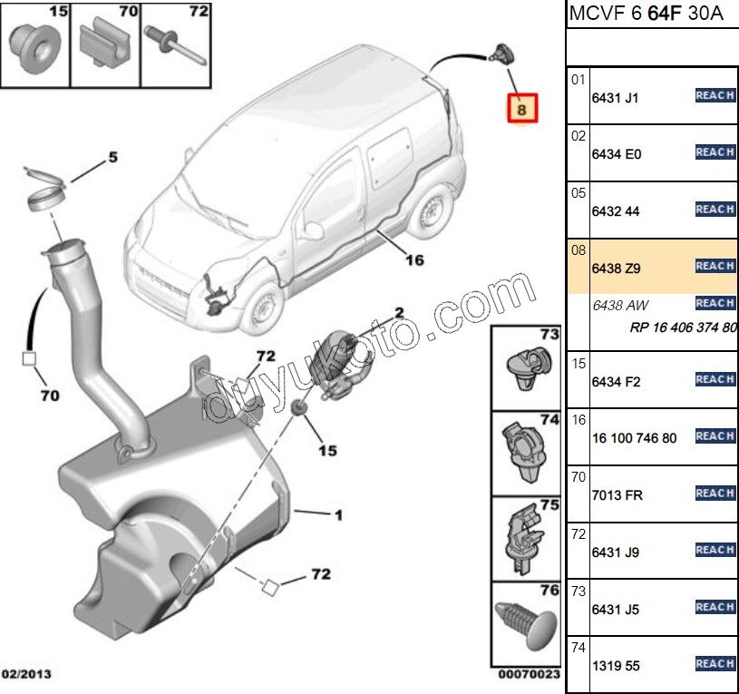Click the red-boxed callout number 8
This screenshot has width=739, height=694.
coord(521,109)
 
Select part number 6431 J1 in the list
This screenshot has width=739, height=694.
coord(615,98)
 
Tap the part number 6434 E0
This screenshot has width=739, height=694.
coord(616,154)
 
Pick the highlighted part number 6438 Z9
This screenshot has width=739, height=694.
coord(616,268)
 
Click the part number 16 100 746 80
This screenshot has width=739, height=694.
coord(634,437)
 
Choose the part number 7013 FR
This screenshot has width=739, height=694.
coord(617,494)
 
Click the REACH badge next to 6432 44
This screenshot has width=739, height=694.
coord(715,210)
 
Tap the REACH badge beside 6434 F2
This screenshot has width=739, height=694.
coord(715,379)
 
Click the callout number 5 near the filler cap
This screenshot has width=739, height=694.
coord(112,157)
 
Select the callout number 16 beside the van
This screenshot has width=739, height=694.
coord(414,260)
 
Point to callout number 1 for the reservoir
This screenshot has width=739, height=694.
coord(337,516)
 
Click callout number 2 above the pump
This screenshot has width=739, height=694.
coord(398,313)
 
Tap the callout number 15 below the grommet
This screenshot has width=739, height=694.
coord(326,449)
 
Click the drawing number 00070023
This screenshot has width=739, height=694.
coord(529,675)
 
